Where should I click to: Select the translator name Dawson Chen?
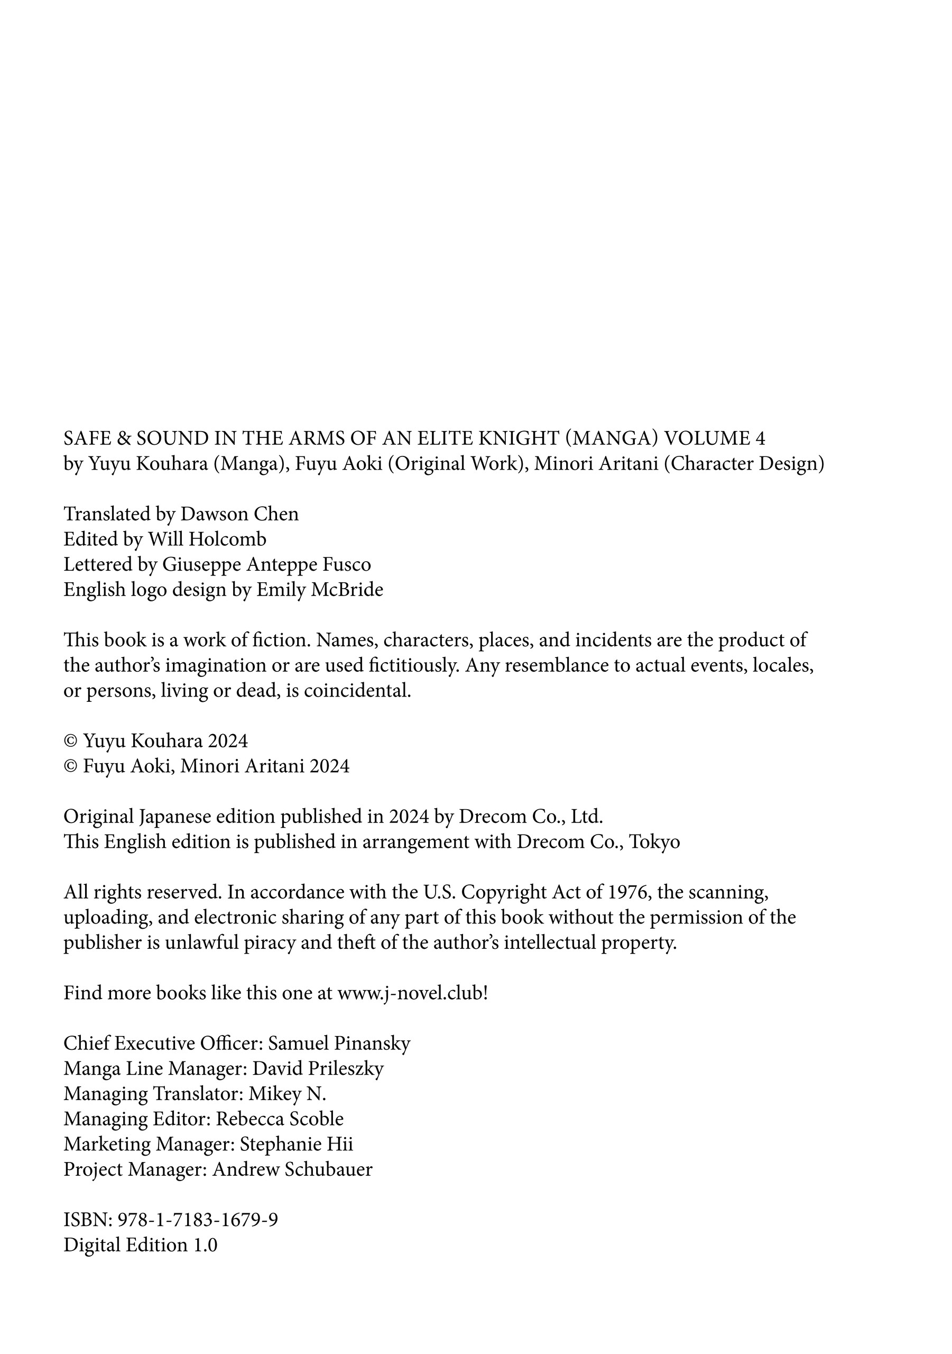(239, 514)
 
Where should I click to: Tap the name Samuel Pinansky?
(339, 1043)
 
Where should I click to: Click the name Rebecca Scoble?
(280, 1119)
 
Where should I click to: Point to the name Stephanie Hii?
(297, 1144)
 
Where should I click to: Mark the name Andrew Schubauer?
(292, 1169)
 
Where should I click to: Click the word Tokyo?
(654, 841)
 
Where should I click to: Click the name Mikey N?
(287, 1094)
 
